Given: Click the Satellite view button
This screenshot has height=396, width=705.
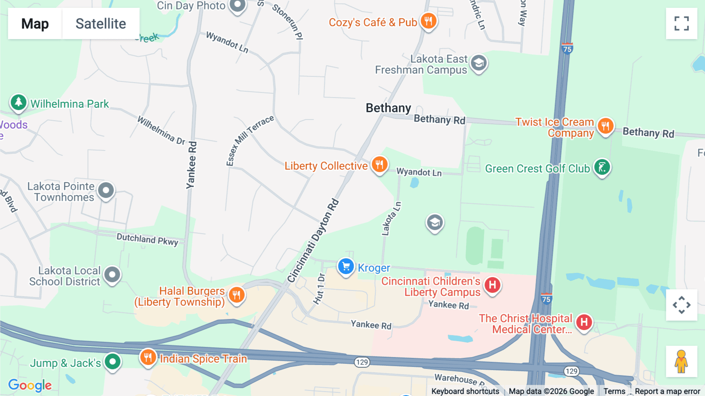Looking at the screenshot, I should pyautogui.click(x=101, y=24).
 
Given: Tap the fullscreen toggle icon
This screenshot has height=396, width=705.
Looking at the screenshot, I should pyautogui.click(x=681, y=24).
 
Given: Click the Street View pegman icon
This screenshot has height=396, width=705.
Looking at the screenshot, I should pyautogui.click(x=681, y=361).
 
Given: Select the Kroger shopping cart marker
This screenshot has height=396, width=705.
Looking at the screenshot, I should pyautogui.click(x=346, y=267).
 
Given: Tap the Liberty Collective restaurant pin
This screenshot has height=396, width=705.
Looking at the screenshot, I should pyautogui.click(x=380, y=164).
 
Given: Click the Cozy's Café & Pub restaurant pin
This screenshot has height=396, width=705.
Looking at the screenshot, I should pyautogui.click(x=428, y=21).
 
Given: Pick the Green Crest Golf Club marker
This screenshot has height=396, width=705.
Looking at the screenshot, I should pyautogui.click(x=602, y=167).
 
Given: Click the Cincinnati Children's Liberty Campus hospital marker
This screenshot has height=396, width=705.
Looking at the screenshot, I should pyautogui.click(x=492, y=285).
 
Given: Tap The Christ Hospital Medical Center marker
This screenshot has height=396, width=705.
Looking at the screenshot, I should pyautogui.click(x=584, y=322).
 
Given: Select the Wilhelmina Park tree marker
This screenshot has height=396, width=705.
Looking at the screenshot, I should pyautogui.click(x=18, y=103).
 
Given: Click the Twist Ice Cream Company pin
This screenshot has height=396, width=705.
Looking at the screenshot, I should pyautogui.click(x=606, y=126).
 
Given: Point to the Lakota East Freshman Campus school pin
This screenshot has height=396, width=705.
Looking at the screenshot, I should pyautogui.click(x=479, y=63).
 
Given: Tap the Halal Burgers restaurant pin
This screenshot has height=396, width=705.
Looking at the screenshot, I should pyautogui.click(x=237, y=295).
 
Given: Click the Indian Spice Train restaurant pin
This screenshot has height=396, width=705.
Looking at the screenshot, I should pyautogui.click(x=148, y=358).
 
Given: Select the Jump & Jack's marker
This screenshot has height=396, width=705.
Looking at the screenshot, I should pyautogui.click(x=113, y=361).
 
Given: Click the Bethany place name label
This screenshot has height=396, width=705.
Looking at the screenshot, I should pyautogui.click(x=388, y=108).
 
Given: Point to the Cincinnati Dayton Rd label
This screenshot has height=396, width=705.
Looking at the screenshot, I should pyautogui.click(x=313, y=241).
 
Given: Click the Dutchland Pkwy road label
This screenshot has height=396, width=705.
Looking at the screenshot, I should pyautogui.click(x=147, y=239).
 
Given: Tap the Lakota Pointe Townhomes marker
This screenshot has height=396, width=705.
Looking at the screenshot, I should pyautogui.click(x=106, y=191).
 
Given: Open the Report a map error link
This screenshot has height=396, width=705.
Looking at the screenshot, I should pyautogui.click(x=667, y=391).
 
